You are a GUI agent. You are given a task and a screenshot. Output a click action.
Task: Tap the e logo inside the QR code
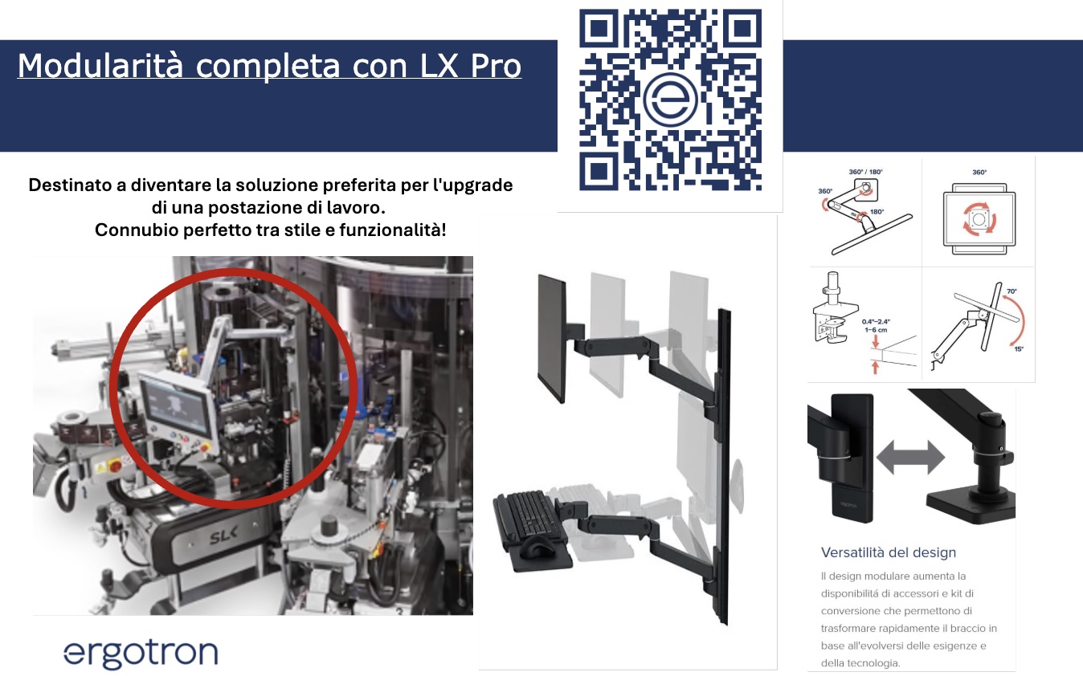pos(670,100)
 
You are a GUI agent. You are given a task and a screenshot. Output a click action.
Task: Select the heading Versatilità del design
pos(889,552)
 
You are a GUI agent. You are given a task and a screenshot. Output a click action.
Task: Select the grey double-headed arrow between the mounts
pos(910,457)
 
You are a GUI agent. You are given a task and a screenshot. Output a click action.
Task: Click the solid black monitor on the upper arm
pos(553,337)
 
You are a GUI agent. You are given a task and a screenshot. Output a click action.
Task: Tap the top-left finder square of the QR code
pos(598,29)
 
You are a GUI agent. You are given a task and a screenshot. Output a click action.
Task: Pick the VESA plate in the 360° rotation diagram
pos(978,219)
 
